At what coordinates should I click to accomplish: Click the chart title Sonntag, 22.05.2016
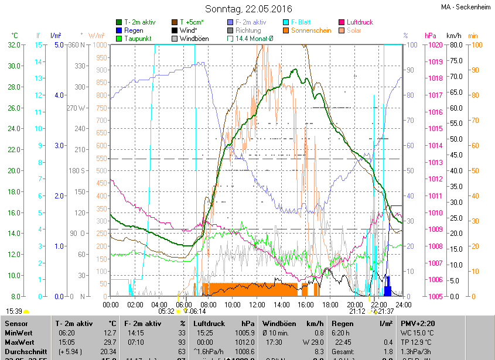pos(248,9)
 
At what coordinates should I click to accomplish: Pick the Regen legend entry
pos(134,30)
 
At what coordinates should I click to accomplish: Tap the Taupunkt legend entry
pos(138,39)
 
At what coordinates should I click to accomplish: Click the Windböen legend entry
pos(194,39)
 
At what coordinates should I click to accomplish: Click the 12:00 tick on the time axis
pos(257,304)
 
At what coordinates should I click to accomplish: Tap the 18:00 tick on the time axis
pos(330,304)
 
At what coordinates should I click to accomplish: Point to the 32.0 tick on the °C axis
pos(13,44)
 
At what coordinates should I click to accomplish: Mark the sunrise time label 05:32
pos(166,311)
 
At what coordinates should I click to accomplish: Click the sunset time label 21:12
pos(357,311)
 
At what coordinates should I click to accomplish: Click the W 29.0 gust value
pos(313,342)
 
